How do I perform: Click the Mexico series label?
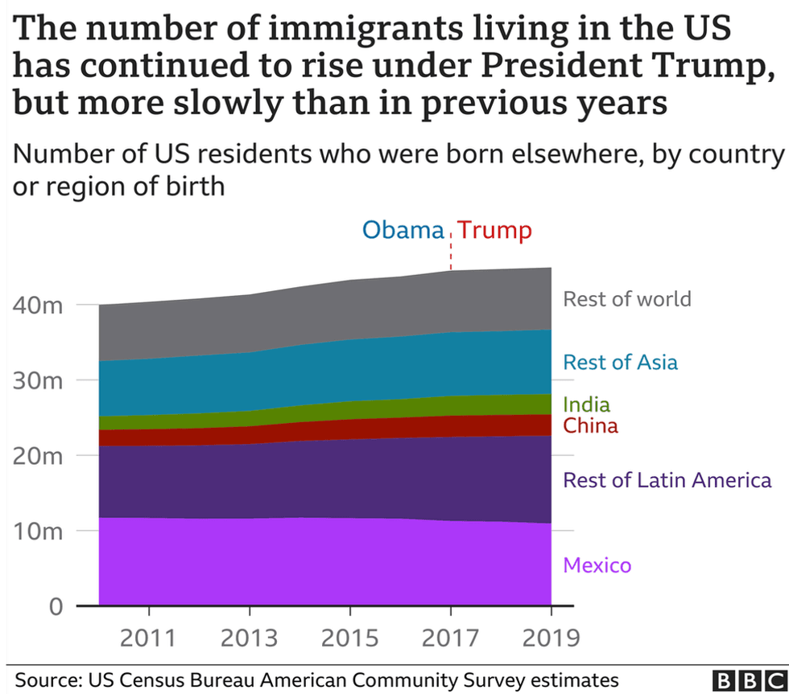597,565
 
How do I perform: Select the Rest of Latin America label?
667,481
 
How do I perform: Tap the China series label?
590,425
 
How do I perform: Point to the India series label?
586,404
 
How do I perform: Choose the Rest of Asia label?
620,362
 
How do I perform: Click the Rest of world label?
626,299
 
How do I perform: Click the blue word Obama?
403,231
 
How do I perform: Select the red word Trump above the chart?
496,231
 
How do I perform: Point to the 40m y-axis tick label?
39,306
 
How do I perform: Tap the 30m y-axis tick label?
39,380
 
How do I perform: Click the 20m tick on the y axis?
39,456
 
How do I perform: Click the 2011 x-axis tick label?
147,638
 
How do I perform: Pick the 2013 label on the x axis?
249,638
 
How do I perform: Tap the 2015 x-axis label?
349,638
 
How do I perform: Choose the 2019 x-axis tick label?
551,638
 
